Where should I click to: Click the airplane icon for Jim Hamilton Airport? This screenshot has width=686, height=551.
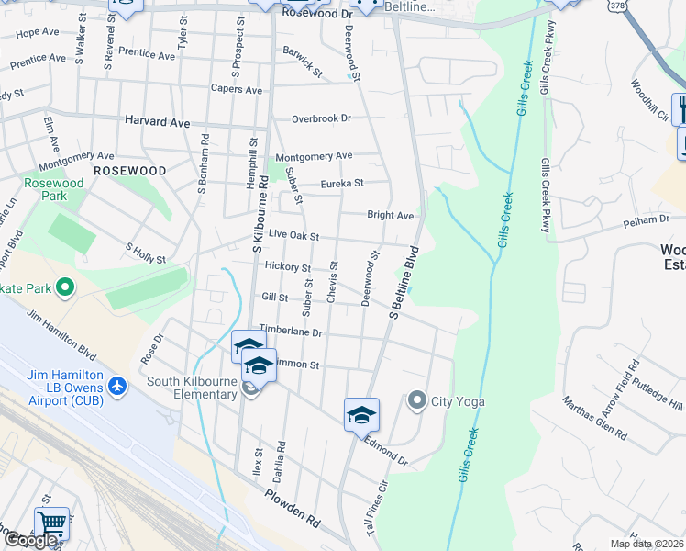[x=116, y=386]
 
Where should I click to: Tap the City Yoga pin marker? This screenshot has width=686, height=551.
[x=417, y=400]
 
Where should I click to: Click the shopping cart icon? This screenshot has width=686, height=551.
[x=52, y=523]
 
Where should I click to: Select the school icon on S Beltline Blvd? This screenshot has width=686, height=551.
[x=361, y=414]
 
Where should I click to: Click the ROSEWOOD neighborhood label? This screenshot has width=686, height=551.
[x=130, y=171]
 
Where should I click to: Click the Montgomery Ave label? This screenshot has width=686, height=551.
[x=314, y=156]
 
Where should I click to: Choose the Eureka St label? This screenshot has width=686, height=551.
[x=342, y=184]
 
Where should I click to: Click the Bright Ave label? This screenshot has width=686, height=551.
[x=391, y=215]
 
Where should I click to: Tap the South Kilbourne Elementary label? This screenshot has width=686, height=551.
[x=192, y=388]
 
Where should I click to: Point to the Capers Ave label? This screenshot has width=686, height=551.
[x=237, y=90]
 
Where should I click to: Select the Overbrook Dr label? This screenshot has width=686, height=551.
[x=321, y=118]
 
